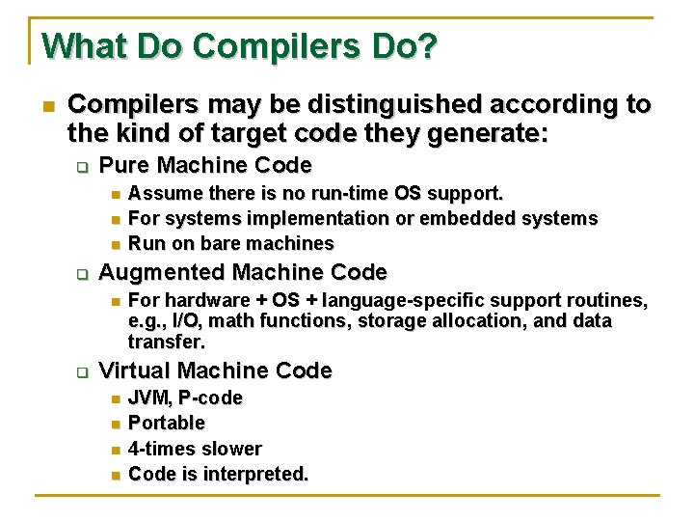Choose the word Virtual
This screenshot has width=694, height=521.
tap(134, 370)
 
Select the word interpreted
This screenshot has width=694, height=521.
tap(257, 474)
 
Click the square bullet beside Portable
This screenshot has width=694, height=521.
tap(114, 424)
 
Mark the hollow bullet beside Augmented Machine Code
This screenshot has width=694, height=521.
tap(82, 273)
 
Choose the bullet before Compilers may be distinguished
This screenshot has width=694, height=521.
tap(47, 104)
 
